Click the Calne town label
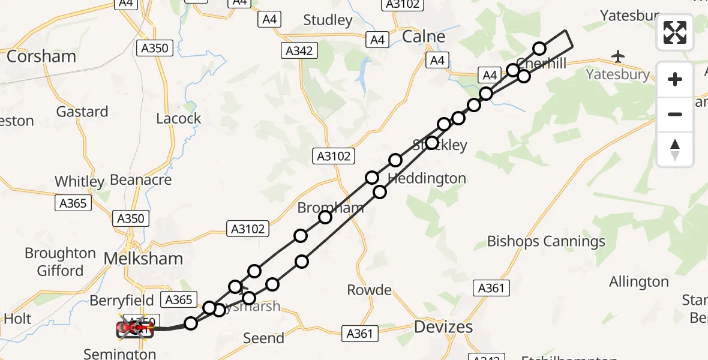pos(424,37)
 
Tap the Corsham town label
pos(41,56)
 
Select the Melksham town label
pos(143,259)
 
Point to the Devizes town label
pos(443,327)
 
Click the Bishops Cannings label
pos(546,241)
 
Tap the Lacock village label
pos(178,118)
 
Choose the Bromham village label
pos(331,208)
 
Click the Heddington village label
pos(427,178)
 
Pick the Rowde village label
pos(369,290)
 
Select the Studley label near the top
pos(328,20)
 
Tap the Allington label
pos(638,281)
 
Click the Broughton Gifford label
pos(60,262)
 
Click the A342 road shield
pos(299,50)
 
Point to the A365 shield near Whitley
pos(73,203)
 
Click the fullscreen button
pos(675,32)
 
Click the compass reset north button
pos(675,149)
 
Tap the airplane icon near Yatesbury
pos(618,56)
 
